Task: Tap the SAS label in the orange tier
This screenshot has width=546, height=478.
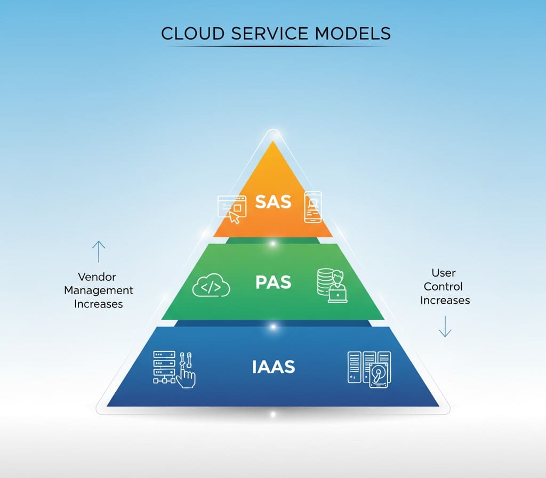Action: pyautogui.click(x=273, y=202)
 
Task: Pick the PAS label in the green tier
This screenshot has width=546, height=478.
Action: pyautogui.click(x=273, y=282)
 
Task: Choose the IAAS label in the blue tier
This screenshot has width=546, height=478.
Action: pyautogui.click(x=273, y=367)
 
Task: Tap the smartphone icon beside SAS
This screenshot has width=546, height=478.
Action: pyautogui.click(x=313, y=207)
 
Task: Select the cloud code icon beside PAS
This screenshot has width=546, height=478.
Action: pyautogui.click(x=211, y=287)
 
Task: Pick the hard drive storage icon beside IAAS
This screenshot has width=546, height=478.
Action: pyautogui.click(x=369, y=367)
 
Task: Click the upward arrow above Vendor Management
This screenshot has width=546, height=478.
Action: pyautogui.click(x=99, y=252)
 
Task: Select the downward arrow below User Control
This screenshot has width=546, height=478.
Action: pyautogui.click(x=445, y=326)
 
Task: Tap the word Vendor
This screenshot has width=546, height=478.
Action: pyautogui.click(x=97, y=277)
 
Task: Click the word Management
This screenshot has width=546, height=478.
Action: pyautogui.click(x=99, y=290)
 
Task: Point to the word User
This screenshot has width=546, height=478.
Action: pyautogui.click(x=444, y=273)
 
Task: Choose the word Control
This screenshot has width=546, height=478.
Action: pyautogui.click(x=444, y=286)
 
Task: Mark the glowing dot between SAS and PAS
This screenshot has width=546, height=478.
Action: pyautogui.click(x=273, y=244)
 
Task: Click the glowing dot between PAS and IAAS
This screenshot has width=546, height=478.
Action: pyautogui.click(x=273, y=326)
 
